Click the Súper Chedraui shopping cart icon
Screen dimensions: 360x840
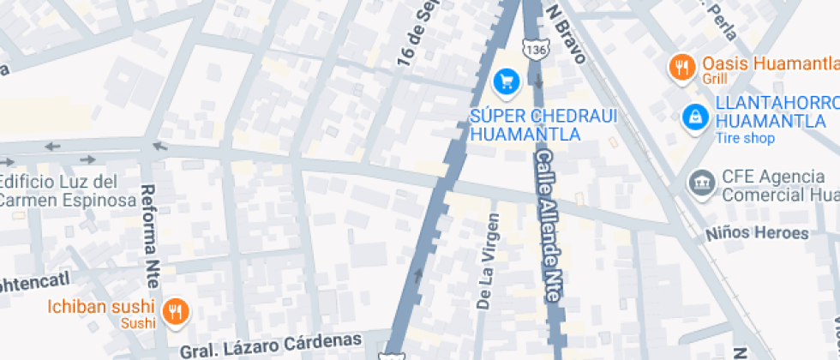coord(507,82)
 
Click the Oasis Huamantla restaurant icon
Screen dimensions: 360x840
coord(682,67)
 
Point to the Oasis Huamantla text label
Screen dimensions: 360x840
coord(769,64)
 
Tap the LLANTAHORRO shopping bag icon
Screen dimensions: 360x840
coord(694,119)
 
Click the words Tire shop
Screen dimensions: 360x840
coord(746,139)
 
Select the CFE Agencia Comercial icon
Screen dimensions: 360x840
coord(701,182)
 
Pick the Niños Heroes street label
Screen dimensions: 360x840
coord(758,233)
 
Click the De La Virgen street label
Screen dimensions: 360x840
coord(486,261)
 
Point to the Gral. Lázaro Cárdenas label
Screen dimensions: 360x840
coord(270,345)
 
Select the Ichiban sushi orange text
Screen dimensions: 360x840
coord(100,307)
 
